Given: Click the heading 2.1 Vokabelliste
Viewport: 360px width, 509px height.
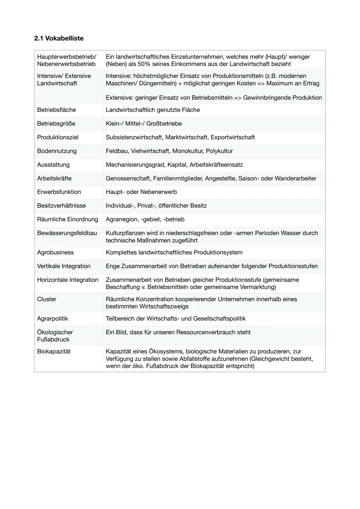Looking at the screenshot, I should point(59,38).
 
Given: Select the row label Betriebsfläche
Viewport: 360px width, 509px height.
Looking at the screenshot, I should point(56,110).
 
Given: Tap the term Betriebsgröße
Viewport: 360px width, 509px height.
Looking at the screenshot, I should point(56,124).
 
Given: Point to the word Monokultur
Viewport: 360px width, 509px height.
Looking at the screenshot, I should point(187,151).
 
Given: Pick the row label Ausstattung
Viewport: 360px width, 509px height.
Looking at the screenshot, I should point(53,165).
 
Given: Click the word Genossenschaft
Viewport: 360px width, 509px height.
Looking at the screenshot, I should point(128,178).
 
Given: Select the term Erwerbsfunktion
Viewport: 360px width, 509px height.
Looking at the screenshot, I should point(59,192).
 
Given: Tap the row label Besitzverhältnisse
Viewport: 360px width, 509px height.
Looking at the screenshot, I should point(61,206).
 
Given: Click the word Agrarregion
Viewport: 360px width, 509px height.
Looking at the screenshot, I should point(121,219).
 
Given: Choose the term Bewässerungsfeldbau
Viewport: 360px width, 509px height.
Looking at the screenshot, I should point(67,233).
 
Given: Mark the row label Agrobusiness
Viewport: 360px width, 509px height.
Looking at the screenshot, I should point(55,252).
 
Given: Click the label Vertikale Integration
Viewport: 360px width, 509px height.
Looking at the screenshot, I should point(64,266).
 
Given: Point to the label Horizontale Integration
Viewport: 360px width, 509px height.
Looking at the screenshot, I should point(68,280).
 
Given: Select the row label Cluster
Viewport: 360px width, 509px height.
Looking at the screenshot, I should point(47,299).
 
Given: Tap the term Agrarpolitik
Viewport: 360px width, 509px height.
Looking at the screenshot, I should point(52,318).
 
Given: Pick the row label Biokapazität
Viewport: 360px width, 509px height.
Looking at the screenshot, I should point(54,351).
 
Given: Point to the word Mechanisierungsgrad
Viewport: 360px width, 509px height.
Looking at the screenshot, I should point(135,165).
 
